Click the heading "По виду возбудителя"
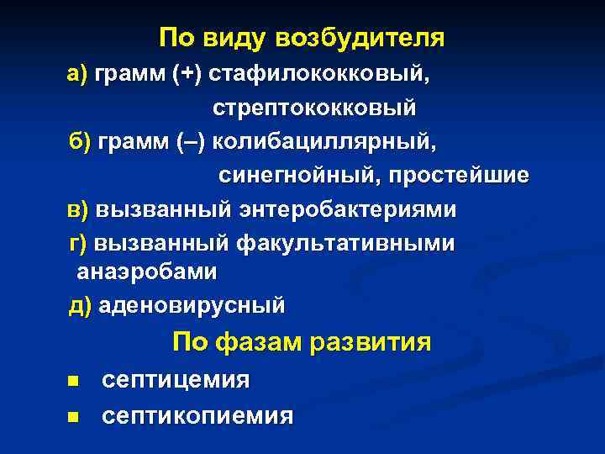pyautogui.click(x=302, y=39)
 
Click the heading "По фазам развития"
pyautogui.click(x=302, y=343)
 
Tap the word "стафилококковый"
pyautogui.click(x=320, y=76)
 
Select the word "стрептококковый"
pyautogui.click(x=313, y=108)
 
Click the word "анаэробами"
pyautogui.click(x=147, y=272)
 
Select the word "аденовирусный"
pyautogui.click(x=192, y=305)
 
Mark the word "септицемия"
pyautogui.click(x=176, y=381)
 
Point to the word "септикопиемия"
pyautogui.click(x=197, y=415)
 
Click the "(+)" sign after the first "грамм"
pyautogui.click(x=187, y=76)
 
